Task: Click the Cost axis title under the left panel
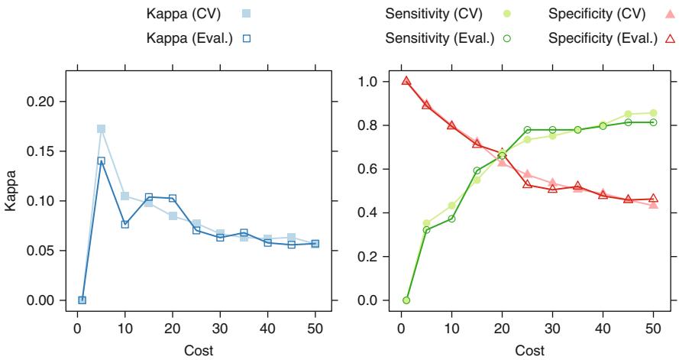199,350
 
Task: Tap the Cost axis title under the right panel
528,350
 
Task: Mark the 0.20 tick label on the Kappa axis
46,102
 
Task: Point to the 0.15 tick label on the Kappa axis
46,151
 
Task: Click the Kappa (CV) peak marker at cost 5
101,129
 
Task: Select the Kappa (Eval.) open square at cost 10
124,224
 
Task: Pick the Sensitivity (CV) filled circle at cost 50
653,113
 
